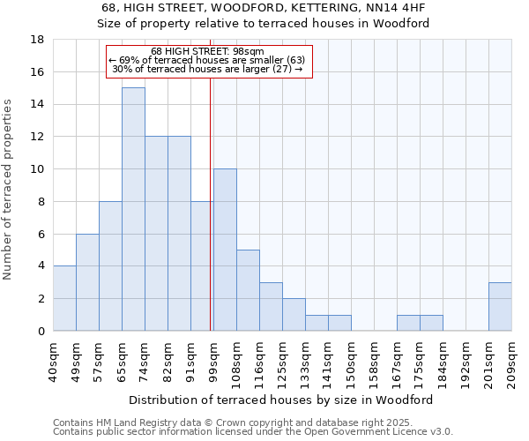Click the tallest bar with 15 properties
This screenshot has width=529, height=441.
(x=133, y=209)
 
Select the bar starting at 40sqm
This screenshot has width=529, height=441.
(x=64, y=298)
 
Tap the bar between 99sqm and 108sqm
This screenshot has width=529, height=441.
(x=225, y=250)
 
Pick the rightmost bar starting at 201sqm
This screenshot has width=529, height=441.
(x=500, y=306)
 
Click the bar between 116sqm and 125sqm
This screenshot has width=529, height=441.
(x=271, y=306)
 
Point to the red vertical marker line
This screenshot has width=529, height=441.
(x=211, y=203)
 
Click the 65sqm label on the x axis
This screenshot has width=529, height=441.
(x=122, y=361)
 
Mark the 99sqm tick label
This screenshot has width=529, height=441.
(x=213, y=361)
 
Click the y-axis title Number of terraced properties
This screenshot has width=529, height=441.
(x=8, y=190)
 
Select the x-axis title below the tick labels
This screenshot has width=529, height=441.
(x=287, y=400)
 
